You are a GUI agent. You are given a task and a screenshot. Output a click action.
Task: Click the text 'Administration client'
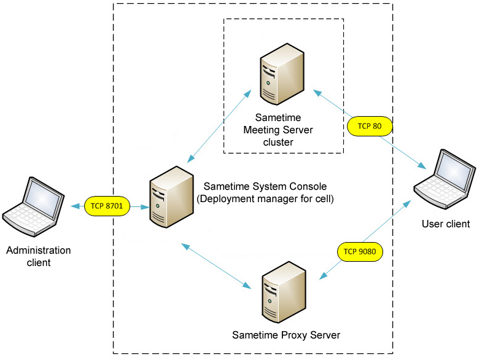coord(38,256)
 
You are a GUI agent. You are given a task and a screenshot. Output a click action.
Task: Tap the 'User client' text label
coord(445,224)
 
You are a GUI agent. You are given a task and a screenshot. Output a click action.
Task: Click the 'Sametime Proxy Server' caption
coord(286,335)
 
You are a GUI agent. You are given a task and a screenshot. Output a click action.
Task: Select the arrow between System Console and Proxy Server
coord(217,266)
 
